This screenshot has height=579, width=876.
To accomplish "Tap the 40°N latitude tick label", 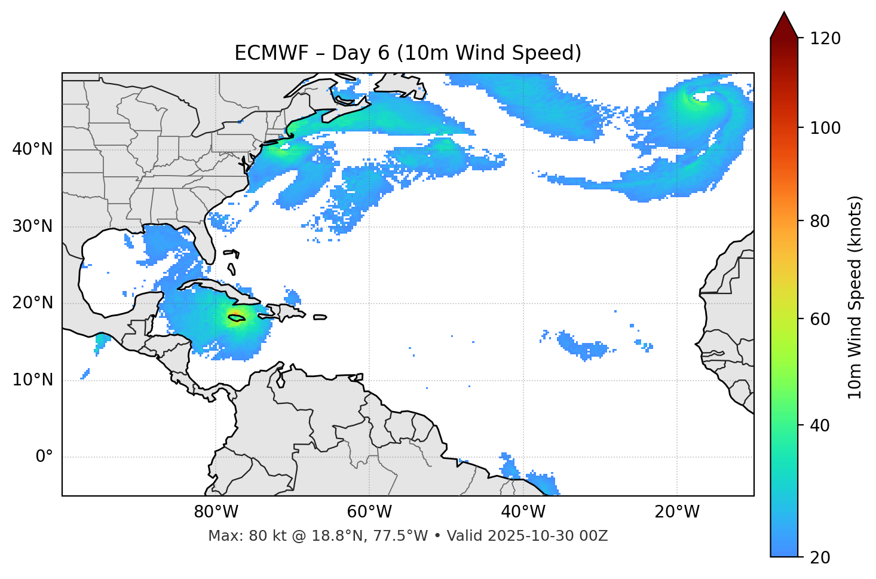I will [x=32, y=149].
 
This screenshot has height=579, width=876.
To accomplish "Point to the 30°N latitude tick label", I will [x=32, y=226].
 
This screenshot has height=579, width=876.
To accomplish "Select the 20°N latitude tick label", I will [x=32, y=303].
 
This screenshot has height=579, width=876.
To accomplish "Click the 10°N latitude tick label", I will [x=32, y=380].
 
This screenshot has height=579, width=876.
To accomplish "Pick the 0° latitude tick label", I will [x=44, y=457].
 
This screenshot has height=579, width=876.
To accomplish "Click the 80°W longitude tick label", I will [x=216, y=512].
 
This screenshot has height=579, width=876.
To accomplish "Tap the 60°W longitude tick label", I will [x=369, y=512].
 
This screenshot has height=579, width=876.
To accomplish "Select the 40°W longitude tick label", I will [x=523, y=512].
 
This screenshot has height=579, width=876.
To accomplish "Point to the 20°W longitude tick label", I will [x=676, y=512].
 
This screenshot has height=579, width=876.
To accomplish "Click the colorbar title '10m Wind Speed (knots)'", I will [x=855, y=297].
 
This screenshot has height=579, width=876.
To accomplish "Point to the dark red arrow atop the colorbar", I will [x=784, y=26].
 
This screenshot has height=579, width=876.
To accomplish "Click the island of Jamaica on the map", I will [x=236, y=318].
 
